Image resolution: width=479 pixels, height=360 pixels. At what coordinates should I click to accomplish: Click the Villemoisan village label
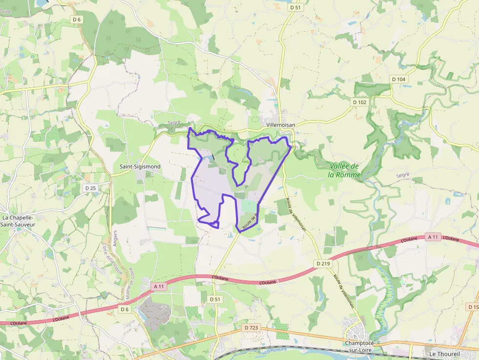tap(281, 125)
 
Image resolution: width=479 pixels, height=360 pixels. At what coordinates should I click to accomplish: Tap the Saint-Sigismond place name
tap(140, 167)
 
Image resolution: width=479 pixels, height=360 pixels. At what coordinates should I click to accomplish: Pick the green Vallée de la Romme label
tap(344, 170)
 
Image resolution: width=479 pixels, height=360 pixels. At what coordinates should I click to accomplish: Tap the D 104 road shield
tap(399, 79)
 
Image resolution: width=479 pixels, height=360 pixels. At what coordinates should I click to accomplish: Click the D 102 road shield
tap(359, 102)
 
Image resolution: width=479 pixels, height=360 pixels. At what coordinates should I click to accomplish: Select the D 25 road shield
tap(90, 188)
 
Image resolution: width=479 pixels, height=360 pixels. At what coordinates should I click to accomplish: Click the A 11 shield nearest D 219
tap(433, 237)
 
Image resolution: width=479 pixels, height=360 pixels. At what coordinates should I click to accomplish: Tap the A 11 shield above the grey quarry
tap(157, 286)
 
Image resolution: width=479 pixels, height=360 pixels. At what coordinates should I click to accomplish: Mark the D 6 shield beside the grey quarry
tap(124, 309)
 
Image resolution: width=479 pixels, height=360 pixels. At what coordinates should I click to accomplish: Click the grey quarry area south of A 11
tap(155, 313)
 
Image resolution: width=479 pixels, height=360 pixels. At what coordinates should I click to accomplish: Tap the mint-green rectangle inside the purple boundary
tap(248, 207)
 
